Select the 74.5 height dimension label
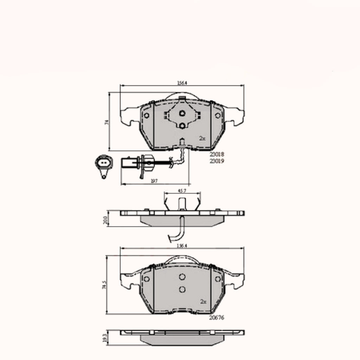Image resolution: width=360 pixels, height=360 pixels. tap(104, 284)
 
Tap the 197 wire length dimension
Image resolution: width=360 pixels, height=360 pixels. tap(153, 180)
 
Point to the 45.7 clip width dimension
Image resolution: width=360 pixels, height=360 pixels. tap(182, 191)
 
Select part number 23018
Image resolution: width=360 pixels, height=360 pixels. tap(217, 154)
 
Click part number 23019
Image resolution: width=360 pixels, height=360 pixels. tap(217, 161)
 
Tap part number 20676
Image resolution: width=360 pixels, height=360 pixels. tap(217, 317)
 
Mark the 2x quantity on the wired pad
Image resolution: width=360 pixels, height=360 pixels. tap(202, 139)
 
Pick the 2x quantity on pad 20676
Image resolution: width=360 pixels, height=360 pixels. tap(202, 301)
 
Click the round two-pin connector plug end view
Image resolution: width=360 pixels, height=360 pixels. tap(102, 164)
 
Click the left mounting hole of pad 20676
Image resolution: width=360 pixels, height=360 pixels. tap(147, 279)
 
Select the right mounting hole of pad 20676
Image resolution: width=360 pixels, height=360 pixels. tap(218, 279)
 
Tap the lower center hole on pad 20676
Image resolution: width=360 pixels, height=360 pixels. tap(182, 289)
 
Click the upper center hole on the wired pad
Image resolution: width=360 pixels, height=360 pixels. tap(182, 113)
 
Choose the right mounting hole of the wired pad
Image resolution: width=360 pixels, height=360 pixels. tap(218, 115)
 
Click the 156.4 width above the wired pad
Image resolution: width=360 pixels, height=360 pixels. tap(182, 83)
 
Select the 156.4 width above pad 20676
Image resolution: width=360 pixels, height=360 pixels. tap(182, 246)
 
